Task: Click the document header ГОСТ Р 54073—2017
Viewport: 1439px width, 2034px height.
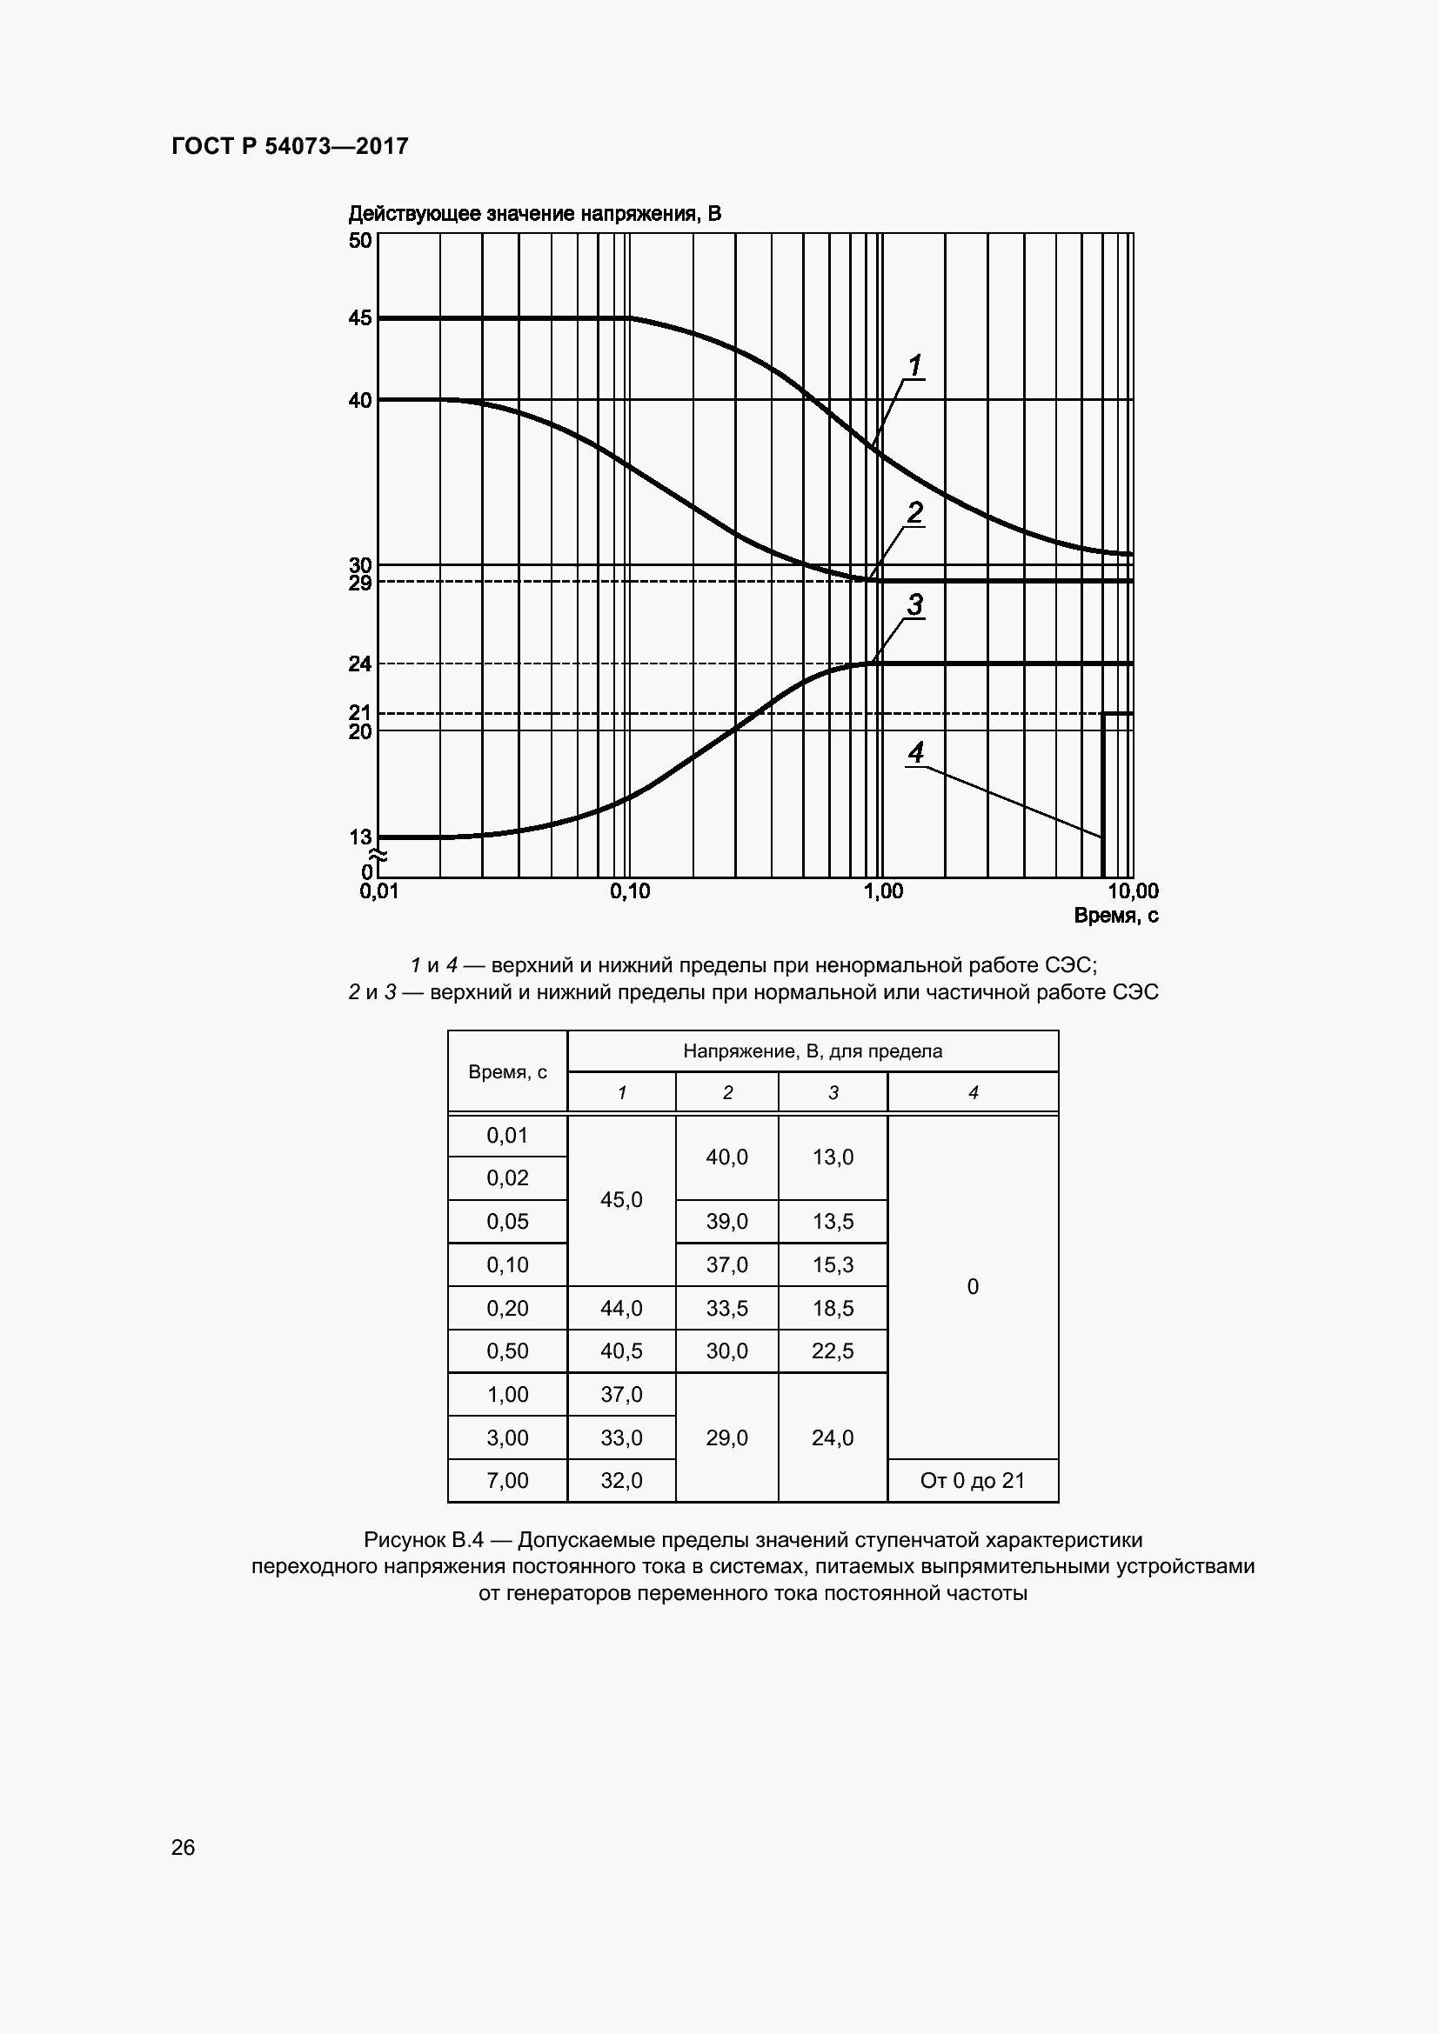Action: pos(290,146)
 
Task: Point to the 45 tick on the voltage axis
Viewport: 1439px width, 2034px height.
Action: pos(360,317)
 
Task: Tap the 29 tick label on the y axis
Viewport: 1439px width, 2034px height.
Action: pos(360,583)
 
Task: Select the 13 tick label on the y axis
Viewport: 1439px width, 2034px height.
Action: pos(360,837)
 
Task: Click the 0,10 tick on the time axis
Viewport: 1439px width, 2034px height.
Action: pos(629,891)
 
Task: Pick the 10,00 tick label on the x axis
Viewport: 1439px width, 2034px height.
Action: pos(1133,891)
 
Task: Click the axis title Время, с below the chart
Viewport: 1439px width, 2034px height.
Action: pos(1115,916)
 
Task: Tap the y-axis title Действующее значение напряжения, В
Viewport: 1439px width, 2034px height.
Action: pos(534,214)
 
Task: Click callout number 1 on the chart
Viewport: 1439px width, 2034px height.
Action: pos(915,365)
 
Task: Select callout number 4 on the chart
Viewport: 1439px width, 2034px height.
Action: pos(915,753)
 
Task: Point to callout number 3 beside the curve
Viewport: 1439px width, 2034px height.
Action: pos(915,605)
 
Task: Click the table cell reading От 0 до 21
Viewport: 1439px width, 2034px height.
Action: pos(972,1480)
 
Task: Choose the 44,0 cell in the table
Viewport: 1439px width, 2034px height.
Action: pos(621,1308)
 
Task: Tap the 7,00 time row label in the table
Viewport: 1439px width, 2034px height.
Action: pos(507,1480)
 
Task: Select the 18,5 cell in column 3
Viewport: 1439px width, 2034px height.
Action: pos(832,1308)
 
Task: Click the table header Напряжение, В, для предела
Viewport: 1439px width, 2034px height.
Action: pos(812,1051)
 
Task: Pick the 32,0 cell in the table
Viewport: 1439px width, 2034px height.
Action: pos(621,1480)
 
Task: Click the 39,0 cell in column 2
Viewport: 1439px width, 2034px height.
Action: pos(726,1222)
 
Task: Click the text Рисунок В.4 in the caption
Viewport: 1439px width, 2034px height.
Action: pos(423,1540)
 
